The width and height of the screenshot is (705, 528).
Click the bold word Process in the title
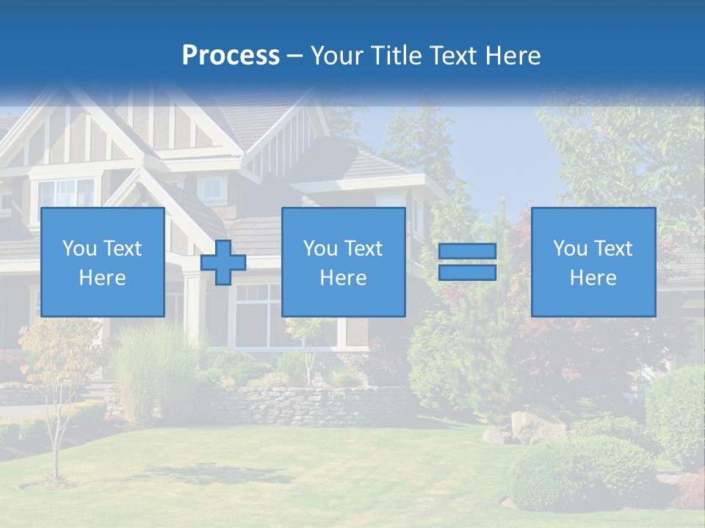point(231,56)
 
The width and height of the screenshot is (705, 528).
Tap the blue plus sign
point(223,263)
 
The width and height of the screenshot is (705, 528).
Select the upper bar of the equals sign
point(467,252)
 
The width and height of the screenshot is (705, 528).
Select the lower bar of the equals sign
point(467,272)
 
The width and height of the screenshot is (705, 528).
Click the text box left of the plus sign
point(102,262)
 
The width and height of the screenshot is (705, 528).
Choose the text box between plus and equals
point(343,262)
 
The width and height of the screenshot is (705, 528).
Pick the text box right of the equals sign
point(593,262)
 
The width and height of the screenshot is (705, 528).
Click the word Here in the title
point(512,56)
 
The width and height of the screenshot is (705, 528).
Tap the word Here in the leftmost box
point(102,278)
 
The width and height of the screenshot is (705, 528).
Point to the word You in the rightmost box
point(570,249)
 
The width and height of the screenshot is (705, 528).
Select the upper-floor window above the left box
point(66,194)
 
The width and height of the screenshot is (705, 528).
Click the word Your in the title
point(338,56)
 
